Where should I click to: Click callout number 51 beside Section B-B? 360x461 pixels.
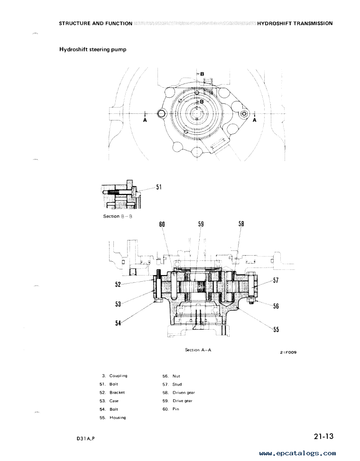pos(159,187)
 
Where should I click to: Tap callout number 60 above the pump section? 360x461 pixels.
pos(162,224)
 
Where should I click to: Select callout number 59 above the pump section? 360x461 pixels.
pos(201,224)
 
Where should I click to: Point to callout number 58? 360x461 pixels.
pos(241,224)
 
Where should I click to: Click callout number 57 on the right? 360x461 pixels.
pos(276,280)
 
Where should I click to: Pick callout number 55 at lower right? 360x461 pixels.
pos(276,330)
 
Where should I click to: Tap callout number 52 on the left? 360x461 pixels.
pos(118,284)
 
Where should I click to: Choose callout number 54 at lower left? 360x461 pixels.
pos(118,323)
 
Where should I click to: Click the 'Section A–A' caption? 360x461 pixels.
pos(198,350)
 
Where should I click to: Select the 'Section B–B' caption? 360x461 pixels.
pos(118,216)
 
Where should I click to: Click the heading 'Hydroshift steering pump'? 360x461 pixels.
pos(93,49)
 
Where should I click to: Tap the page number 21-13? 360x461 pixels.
pos(323,436)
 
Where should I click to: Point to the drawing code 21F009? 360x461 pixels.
pos(288,352)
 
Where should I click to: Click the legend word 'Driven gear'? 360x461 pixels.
pos(184,393)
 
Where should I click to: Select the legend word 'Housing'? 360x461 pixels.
pos(118,417)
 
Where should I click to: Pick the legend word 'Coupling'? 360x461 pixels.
pos(118,376)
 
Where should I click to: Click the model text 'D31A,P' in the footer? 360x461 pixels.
pos(85,439)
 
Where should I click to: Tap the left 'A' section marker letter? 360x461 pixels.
pos(145,120)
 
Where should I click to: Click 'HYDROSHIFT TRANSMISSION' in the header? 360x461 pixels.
pos(295,24)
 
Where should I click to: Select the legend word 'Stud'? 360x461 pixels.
pos(177,384)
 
